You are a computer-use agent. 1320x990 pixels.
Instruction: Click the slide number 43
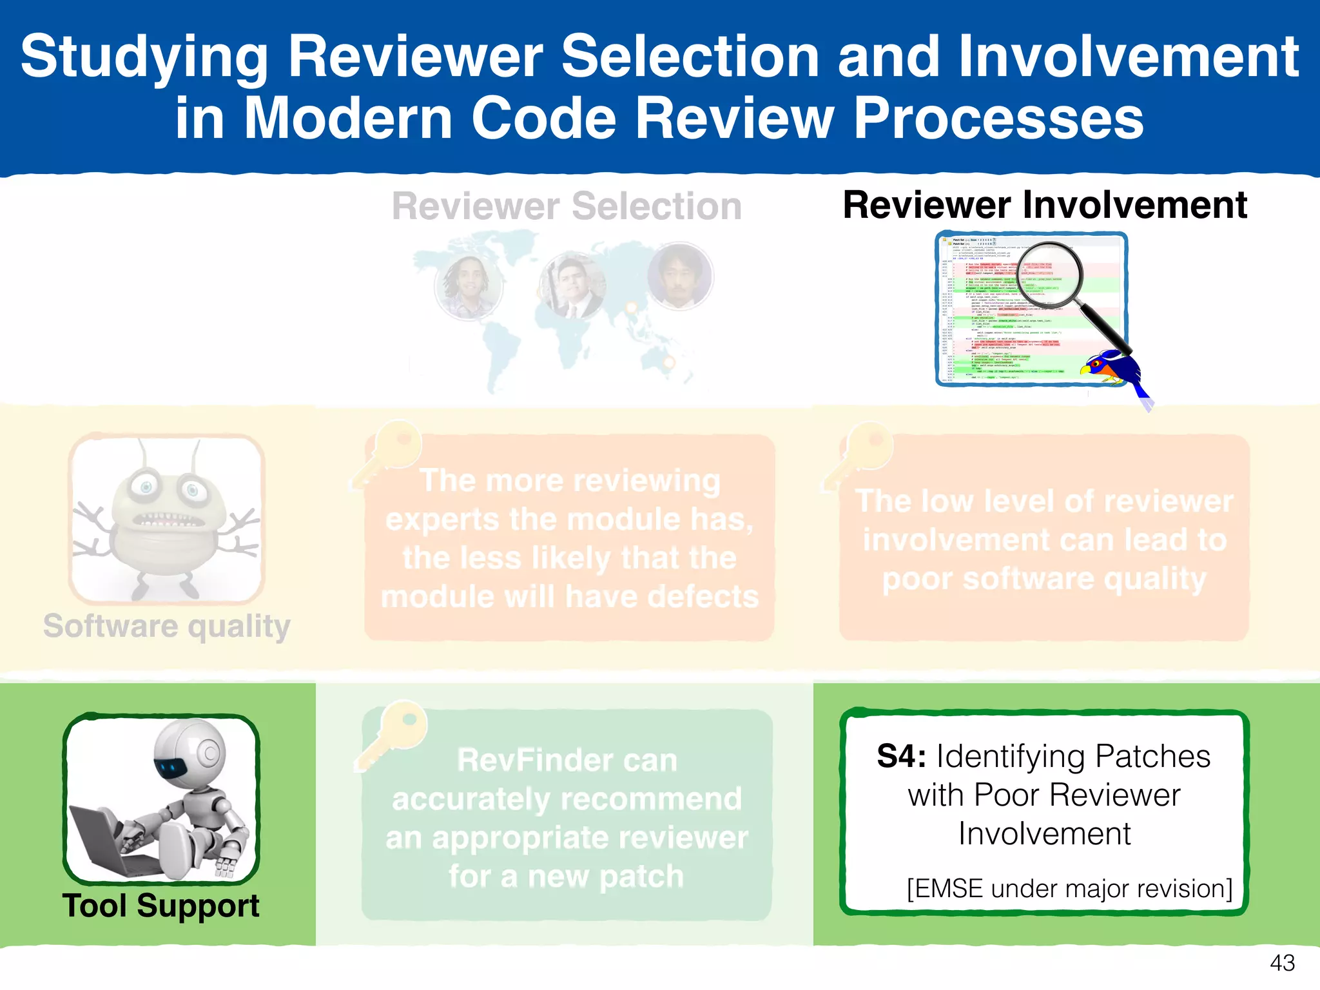point(1282,963)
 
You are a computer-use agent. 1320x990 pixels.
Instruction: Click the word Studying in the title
point(144,58)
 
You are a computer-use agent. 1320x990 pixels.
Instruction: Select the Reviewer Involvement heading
point(1045,206)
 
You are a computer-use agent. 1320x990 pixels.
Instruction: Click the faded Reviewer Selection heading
point(567,207)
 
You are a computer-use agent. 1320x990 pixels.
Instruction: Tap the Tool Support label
point(160,906)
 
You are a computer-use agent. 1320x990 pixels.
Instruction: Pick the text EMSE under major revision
point(1069,889)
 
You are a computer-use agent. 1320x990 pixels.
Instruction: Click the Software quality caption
point(167,626)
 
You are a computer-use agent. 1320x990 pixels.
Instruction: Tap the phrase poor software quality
point(1044,579)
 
